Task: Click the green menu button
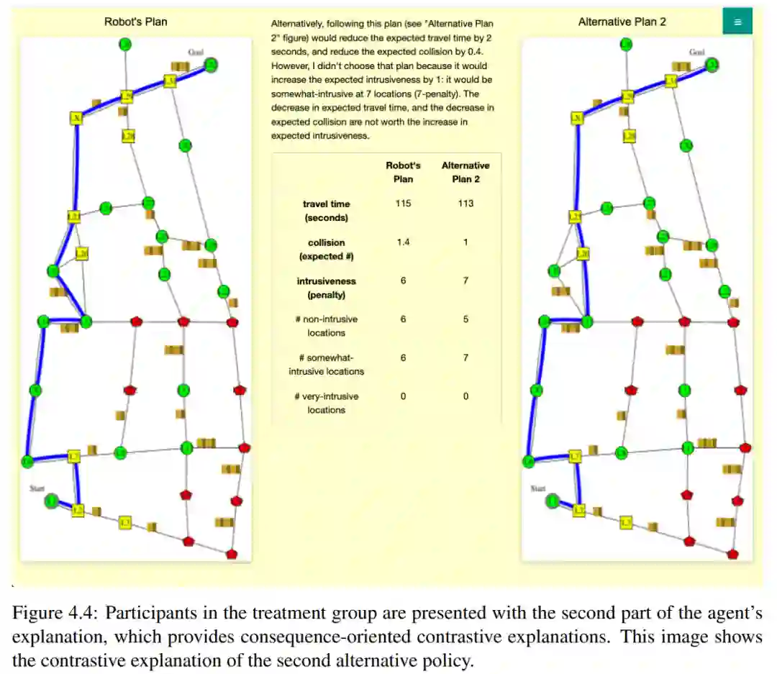[x=737, y=22]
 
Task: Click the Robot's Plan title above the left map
[x=135, y=22]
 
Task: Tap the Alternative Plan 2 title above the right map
[x=622, y=22]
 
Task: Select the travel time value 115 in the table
[x=403, y=204]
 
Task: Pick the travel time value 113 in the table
[x=465, y=204]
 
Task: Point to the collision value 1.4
[x=403, y=242]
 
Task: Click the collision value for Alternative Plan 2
[x=465, y=242]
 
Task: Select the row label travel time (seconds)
[x=326, y=211]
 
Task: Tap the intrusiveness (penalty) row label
[x=326, y=288]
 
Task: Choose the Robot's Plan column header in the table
[x=403, y=172]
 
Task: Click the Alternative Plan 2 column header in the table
[x=465, y=172]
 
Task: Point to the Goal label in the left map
[x=196, y=52]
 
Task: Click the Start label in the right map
[x=538, y=488]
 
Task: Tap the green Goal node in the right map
[x=712, y=65]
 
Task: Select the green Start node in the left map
[x=52, y=501]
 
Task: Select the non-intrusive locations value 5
[x=465, y=319]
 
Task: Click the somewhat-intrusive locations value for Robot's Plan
[x=403, y=358]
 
